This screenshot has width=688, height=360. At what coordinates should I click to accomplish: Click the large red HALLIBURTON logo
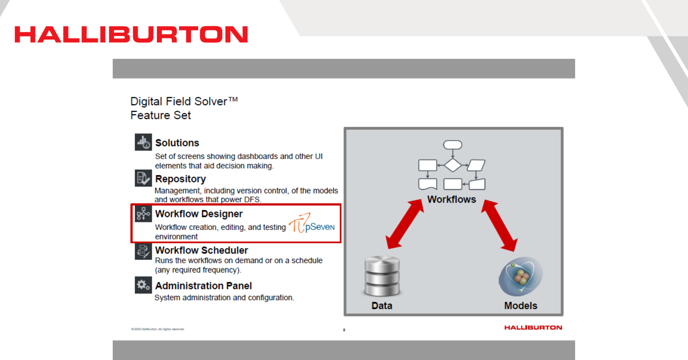click(x=131, y=35)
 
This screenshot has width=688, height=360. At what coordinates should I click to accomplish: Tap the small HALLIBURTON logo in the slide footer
click(x=533, y=328)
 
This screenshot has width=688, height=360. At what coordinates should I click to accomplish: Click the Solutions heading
click(x=177, y=143)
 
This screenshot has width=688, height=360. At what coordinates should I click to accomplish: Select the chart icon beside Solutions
click(x=143, y=142)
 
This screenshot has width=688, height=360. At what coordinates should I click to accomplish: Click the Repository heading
click(x=180, y=179)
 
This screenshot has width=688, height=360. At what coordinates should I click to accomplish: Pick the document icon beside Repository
click(x=143, y=178)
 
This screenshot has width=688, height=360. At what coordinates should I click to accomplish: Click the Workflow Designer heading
click(x=199, y=214)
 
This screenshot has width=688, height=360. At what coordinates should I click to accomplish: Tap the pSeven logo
click(x=312, y=224)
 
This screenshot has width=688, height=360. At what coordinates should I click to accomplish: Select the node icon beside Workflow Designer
click(x=143, y=214)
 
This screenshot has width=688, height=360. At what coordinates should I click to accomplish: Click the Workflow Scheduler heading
click(x=201, y=250)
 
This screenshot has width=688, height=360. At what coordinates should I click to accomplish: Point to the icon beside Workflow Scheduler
click(x=143, y=251)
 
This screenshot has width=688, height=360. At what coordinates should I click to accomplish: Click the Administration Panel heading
click(x=204, y=286)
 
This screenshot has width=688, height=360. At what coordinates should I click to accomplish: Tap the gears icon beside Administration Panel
click(x=143, y=285)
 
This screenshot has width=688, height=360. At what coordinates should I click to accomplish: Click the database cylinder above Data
click(x=382, y=276)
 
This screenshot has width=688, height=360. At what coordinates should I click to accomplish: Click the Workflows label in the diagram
click(x=452, y=199)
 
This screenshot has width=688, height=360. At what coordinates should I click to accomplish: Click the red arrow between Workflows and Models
click(x=500, y=225)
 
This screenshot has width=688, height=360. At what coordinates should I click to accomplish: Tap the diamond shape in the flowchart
click(x=453, y=165)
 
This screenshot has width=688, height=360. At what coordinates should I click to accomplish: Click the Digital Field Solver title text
click(x=184, y=102)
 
